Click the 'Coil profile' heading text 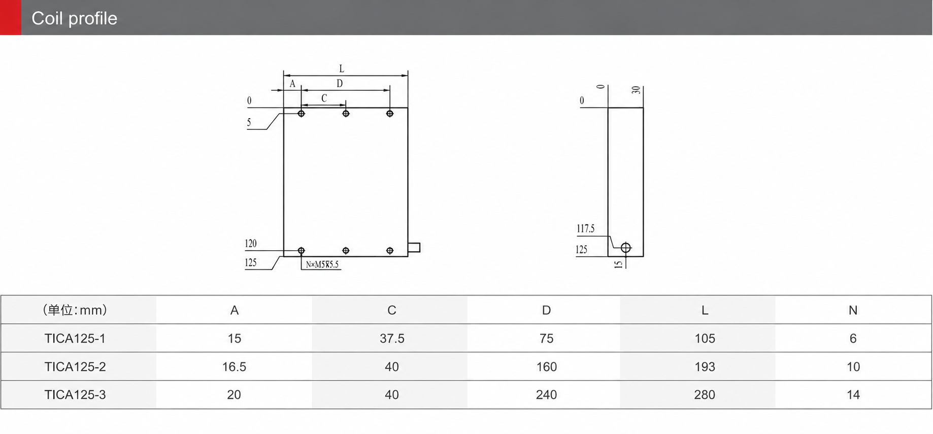point(74,18)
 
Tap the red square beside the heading point(11,17)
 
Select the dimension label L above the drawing point(342,69)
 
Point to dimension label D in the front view point(340,83)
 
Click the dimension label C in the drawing point(324,98)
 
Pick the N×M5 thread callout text point(322,264)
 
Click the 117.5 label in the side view point(585,228)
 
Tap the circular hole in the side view point(626,248)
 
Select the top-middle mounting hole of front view point(346,114)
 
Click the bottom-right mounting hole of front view point(390,251)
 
